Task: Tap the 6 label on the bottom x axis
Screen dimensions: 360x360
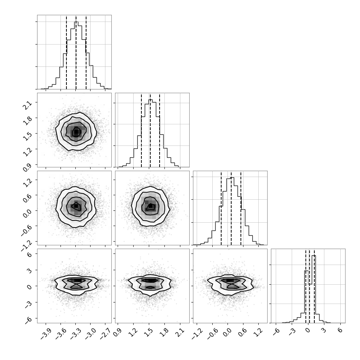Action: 340,330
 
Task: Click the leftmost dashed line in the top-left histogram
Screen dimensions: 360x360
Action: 66,52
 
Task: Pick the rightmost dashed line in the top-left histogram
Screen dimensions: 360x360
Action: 86,52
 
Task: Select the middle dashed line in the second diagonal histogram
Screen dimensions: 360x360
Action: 150,130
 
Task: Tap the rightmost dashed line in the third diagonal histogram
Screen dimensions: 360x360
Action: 241,208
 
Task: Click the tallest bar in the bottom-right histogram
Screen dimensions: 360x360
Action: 314,289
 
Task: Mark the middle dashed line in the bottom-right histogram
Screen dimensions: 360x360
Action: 309,286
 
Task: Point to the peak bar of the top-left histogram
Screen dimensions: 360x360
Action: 76,55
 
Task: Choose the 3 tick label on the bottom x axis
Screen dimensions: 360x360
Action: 323,330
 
